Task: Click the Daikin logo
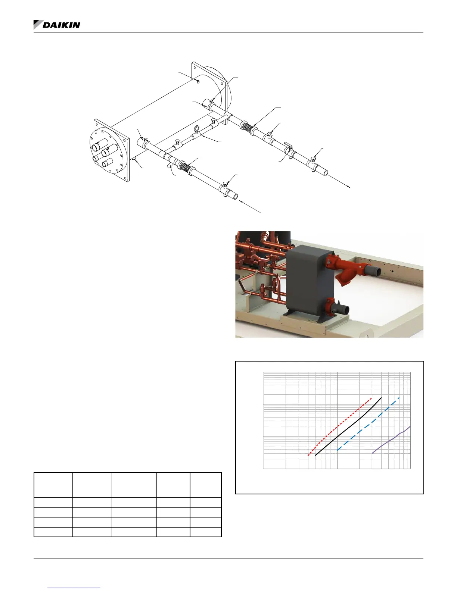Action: pos(57,25)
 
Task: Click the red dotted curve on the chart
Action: pos(339,427)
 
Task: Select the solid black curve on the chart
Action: pos(348,427)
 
